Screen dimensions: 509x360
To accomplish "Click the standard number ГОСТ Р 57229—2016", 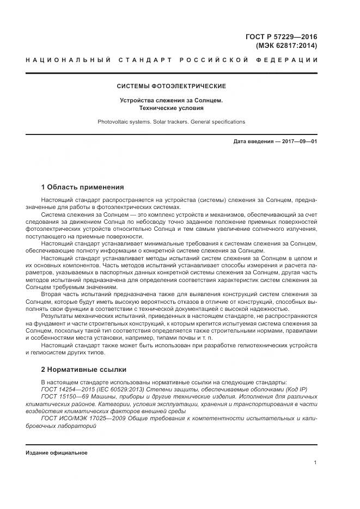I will click(282, 36).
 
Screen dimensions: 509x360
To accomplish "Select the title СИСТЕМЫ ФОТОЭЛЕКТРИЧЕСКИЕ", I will click(172, 86).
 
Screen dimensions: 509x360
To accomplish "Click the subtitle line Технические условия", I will click(172, 108).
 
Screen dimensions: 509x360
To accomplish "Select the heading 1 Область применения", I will click(83, 187).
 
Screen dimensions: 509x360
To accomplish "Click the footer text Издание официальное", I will click(57, 452).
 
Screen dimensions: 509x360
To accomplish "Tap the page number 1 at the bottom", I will click(315, 462).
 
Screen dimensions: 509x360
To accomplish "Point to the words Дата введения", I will click(253, 142).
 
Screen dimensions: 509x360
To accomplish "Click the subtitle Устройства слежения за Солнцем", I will click(172, 100).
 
